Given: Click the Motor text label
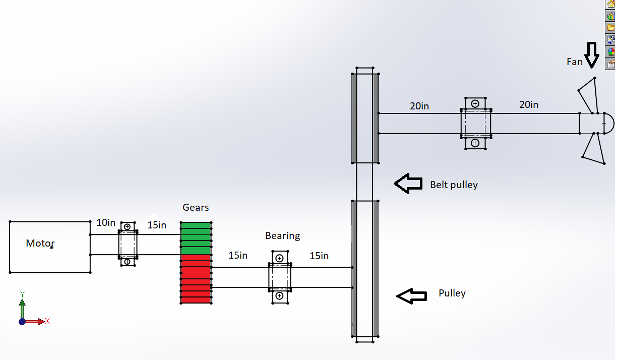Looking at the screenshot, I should click(40, 244).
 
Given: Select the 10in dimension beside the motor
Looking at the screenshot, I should click(106, 222).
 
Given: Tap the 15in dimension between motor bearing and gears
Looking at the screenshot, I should click(157, 225).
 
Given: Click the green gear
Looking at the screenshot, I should click(196, 238).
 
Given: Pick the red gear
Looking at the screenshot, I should click(196, 279).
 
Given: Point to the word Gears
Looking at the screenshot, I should click(196, 207).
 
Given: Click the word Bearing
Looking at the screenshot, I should click(282, 235).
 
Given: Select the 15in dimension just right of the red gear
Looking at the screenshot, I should click(238, 256).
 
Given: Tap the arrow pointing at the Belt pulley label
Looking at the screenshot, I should click(408, 184).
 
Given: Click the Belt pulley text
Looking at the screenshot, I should click(454, 185).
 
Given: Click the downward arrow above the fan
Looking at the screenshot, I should click(592, 54).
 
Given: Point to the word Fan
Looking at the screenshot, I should click(574, 62).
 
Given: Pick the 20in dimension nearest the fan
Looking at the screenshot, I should click(529, 104).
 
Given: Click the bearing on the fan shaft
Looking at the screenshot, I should click(475, 123).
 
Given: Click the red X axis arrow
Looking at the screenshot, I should click(36, 321).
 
